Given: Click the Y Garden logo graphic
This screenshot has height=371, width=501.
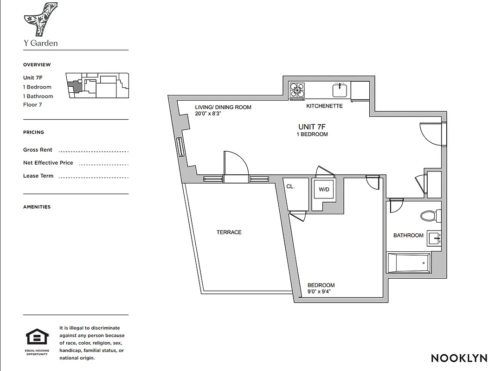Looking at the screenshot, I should tap(40, 19).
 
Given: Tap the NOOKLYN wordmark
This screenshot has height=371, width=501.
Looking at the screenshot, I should tap(459, 358).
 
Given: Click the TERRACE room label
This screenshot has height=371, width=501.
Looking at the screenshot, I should tap(229, 232).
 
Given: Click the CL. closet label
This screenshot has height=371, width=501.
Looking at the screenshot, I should tap(291, 186).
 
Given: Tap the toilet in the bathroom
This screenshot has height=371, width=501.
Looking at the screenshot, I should tap(430, 215).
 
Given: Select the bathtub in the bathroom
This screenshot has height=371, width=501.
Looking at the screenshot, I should tap(409, 263).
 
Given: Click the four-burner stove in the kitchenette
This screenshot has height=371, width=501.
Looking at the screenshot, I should tap(297, 90).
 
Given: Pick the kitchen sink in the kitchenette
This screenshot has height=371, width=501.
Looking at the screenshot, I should tap(340, 90).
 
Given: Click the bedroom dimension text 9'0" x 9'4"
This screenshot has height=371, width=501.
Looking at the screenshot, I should tap(321, 292).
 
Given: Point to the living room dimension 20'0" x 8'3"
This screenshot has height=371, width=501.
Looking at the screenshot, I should tap(208, 114).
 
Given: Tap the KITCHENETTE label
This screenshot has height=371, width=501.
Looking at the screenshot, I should tap(324, 106).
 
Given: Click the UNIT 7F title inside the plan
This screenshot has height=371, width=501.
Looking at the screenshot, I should tap(312, 127).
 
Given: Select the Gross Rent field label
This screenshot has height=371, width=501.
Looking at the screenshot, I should tap(38, 150).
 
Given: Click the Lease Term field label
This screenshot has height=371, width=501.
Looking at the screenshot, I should tap(38, 176).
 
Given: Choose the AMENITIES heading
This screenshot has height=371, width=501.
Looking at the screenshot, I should tap(37, 207).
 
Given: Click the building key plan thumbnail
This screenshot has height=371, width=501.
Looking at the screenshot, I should tap(97, 85).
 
